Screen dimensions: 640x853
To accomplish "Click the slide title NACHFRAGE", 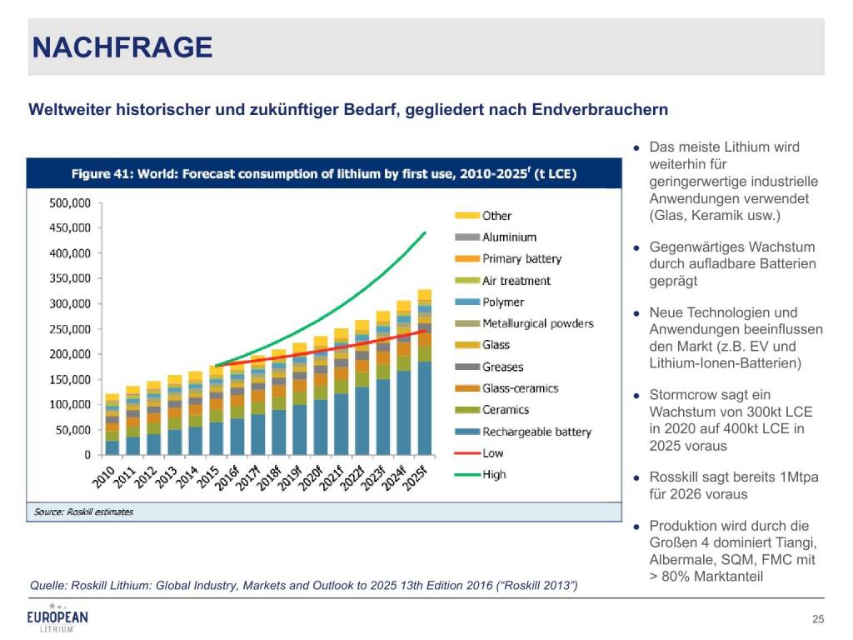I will [122, 47].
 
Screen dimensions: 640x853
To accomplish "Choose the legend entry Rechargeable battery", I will [536, 432].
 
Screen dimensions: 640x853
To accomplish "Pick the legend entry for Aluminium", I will [509, 237].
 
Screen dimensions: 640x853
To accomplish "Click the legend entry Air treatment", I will [516, 281].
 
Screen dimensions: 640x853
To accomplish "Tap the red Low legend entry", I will [493, 453].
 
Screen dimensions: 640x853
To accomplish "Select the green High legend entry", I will [494, 475].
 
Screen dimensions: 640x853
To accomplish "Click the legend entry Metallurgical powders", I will [537, 323].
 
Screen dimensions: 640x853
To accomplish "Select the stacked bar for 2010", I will [112, 425].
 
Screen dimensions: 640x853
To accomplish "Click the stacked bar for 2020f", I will [321, 396].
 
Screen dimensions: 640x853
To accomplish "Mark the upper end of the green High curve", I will [425, 232].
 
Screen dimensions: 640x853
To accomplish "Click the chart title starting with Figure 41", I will [324, 174].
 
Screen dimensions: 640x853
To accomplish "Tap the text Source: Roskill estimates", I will [83, 512].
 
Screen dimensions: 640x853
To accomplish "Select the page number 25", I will [817, 618].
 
